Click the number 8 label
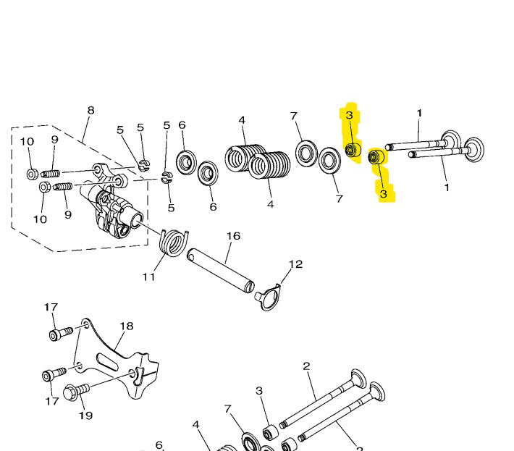[90, 110]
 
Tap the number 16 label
[233, 236]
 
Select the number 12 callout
[295, 264]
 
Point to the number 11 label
[149, 277]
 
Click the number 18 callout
[127, 326]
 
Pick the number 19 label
[85, 416]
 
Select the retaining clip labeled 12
[269, 298]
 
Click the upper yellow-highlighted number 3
[350, 115]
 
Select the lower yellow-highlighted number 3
[383, 194]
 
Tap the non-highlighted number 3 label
[259, 391]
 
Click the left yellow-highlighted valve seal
[353, 150]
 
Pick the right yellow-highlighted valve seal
[376, 157]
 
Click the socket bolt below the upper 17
[61, 334]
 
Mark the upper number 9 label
[55, 140]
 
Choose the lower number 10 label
[40, 219]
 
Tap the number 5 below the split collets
[171, 208]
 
